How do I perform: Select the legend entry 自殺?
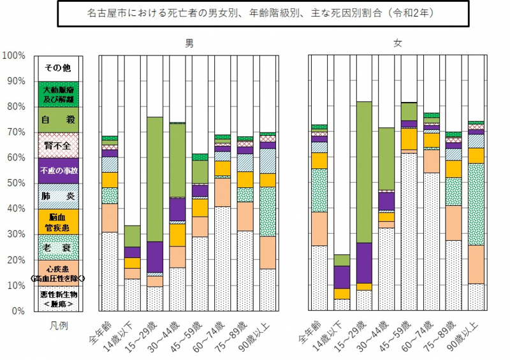(x=58, y=120)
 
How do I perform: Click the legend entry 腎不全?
(x=58, y=145)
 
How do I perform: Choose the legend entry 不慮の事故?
(x=58, y=171)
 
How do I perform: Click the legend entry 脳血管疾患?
(x=58, y=222)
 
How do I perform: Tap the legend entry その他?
(x=58, y=68)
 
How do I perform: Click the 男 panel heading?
(x=190, y=43)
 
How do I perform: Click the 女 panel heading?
(x=398, y=43)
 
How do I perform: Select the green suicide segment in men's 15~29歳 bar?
(x=156, y=179)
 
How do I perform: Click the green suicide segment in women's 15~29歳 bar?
(x=365, y=172)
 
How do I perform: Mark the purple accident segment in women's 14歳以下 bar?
(x=342, y=277)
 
